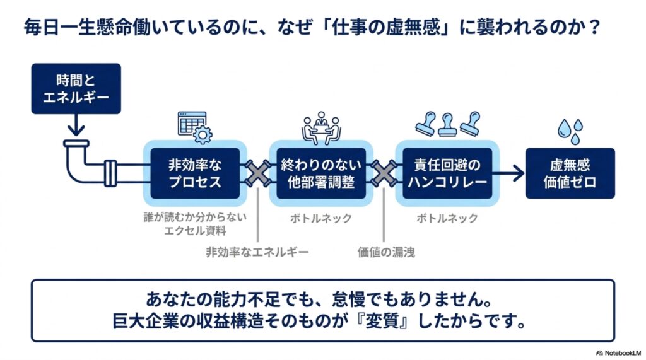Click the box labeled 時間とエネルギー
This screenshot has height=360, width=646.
pos(76,88)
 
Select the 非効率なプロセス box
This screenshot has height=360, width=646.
pos(195,173)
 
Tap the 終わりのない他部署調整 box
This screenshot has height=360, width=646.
pos(321,173)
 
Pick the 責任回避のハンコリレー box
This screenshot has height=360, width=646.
pos(447,173)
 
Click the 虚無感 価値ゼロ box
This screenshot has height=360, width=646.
pos(570,173)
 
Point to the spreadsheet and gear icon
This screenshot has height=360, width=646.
pos(195,128)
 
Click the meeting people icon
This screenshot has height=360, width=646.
pos(321,128)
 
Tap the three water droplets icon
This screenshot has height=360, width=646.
pos(570,131)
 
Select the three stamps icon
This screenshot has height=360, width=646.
pos(447,124)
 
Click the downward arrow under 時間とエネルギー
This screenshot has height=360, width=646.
pos(76,125)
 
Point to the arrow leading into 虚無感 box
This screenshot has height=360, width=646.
pos(508,173)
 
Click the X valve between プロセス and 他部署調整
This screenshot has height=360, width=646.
pos(258,173)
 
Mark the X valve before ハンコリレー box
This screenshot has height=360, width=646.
pos(384,173)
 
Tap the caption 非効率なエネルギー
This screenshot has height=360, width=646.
pos(257,252)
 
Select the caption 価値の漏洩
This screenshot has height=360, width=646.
pos(386,252)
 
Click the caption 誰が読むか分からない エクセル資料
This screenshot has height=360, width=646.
pos(195,224)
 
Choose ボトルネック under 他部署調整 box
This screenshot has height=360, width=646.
pos(321,218)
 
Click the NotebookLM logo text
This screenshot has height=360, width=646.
pos(619,353)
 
